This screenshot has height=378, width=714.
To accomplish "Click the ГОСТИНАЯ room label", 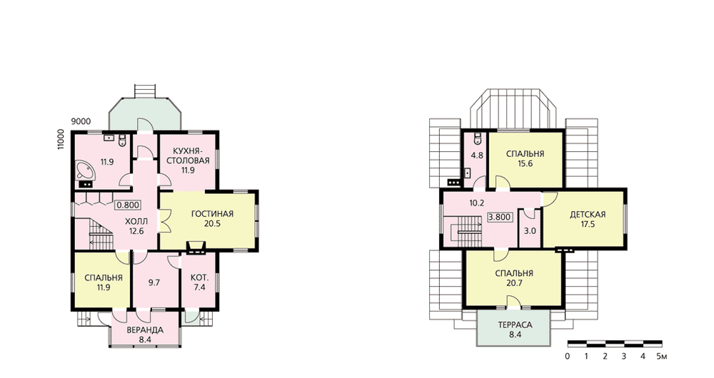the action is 212,214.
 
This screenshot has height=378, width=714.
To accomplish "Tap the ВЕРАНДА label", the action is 145,330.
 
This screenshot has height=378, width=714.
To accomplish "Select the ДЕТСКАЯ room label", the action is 588,214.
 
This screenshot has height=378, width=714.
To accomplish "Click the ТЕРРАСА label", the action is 515,325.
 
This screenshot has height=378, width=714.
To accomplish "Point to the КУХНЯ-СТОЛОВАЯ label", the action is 188,155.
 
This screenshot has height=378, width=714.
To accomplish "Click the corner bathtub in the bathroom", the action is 85,170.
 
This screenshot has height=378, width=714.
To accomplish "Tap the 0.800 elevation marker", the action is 128,205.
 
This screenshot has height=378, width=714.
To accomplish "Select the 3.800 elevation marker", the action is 500,217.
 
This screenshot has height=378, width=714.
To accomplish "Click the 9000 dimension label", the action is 81,121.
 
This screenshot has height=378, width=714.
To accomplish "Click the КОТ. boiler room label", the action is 199,277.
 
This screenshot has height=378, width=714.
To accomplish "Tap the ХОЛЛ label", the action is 136,222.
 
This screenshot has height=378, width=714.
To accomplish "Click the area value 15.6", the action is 525,164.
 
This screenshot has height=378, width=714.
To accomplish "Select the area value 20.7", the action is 514,283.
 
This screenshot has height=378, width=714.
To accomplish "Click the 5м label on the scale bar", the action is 662,356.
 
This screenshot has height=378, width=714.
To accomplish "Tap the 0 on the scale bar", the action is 568,356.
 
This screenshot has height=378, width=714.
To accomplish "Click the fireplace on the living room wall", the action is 196,247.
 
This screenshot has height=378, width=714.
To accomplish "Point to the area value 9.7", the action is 154,282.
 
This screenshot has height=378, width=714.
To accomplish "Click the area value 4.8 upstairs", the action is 477,155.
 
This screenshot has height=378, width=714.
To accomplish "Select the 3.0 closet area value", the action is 530,231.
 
